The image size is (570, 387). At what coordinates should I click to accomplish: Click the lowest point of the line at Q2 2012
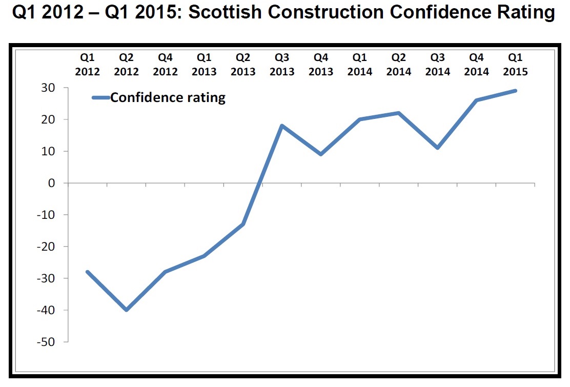point(126,310)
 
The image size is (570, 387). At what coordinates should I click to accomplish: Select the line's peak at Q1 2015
point(515,91)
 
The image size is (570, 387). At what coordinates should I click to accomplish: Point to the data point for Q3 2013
point(282,126)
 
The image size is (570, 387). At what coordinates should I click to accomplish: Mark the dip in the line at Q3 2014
point(438,148)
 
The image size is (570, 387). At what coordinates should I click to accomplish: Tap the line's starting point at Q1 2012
point(88,272)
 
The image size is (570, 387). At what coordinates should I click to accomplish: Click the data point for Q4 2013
point(321,154)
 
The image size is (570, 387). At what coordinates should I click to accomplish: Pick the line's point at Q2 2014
point(399,113)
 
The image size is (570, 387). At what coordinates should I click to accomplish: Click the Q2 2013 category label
point(243,65)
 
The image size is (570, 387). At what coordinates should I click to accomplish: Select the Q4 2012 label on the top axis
point(165,65)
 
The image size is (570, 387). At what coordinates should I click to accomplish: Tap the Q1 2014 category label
point(360,65)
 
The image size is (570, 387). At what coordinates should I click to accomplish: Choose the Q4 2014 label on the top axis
point(476,65)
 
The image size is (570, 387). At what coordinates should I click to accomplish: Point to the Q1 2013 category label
point(204,65)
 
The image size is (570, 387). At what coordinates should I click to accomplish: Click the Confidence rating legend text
point(168,97)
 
